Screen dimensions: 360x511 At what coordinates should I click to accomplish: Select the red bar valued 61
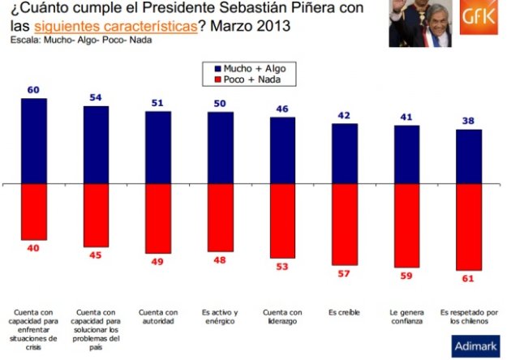click(x=470, y=228)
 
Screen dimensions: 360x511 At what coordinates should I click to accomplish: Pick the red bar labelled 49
click(x=158, y=218)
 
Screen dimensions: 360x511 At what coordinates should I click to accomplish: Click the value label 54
click(x=95, y=97)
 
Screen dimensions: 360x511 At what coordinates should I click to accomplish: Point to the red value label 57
click(x=345, y=274)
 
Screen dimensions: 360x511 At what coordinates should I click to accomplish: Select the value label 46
click(x=282, y=109)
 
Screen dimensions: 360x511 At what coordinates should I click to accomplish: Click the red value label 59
click(x=407, y=276)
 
